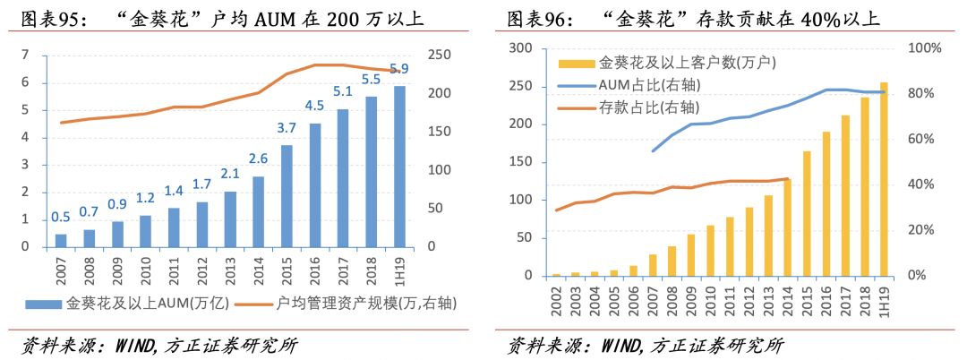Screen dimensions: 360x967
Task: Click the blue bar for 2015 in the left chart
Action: click(287, 196)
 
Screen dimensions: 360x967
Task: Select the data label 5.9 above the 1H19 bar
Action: click(398, 69)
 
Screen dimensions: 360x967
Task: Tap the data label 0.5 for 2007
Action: click(61, 217)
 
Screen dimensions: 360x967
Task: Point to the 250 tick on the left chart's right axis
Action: click(439, 56)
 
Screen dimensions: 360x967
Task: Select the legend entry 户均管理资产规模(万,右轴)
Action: click(354, 304)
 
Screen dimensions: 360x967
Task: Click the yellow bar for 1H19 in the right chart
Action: click(885, 179)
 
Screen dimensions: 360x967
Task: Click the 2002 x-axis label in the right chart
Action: click(557, 299)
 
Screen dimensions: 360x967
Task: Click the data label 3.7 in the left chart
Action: click(287, 128)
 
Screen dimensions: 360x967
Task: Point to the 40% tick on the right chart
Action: click(921, 184)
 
